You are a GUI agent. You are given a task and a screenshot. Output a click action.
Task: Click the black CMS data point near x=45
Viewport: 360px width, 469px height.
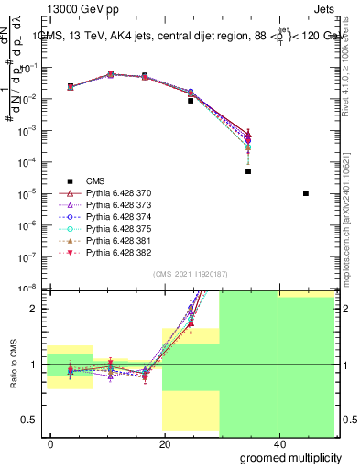[305, 193]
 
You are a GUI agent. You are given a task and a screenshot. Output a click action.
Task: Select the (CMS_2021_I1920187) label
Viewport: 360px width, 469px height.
[189, 274]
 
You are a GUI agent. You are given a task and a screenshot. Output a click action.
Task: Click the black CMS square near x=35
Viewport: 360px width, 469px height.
[248, 171]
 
